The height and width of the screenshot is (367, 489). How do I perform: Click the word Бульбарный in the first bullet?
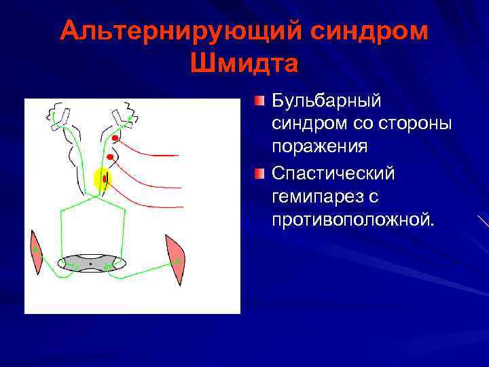(x=327, y=101)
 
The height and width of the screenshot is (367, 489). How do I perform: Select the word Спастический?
(x=333, y=173)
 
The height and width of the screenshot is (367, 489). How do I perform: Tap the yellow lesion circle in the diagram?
(x=101, y=179)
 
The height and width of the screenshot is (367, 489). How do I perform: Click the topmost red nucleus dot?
(x=115, y=139)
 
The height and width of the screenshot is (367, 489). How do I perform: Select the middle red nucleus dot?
(x=109, y=157)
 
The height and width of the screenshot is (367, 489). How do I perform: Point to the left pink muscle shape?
(x=35, y=252)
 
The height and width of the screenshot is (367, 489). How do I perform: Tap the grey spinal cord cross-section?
(x=91, y=263)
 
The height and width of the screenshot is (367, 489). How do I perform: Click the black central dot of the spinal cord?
(x=90, y=263)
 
